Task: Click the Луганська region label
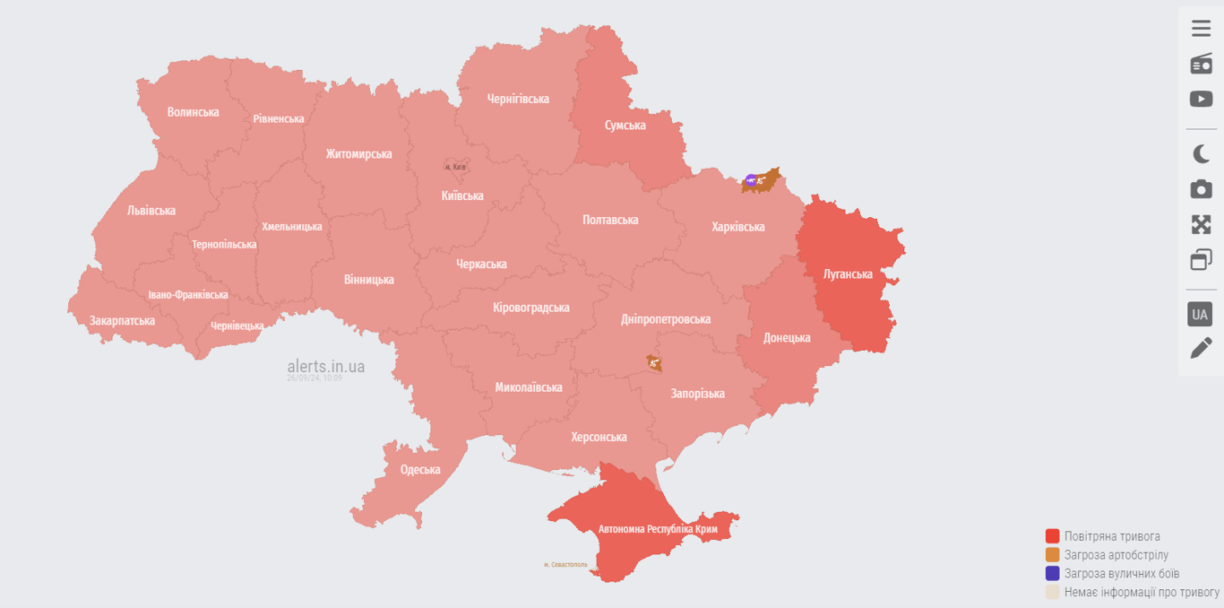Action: click(x=847, y=274)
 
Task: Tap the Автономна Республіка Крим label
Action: click(x=658, y=529)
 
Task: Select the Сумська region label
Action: click(x=625, y=126)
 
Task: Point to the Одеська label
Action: click(x=420, y=470)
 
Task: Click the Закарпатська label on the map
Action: click(x=122, y=321)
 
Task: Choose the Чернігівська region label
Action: click(x=518, y=99)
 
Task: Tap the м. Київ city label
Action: click(x=455, y=167)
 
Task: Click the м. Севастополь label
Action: click(x=565, y=565)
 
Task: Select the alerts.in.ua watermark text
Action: click(x=325, y=366)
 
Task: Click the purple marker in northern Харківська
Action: click(x=751, y=180)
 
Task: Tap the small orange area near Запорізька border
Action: click(x=654, y=363)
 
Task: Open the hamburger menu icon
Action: click(x=1201, y=29)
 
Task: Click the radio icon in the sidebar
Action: click(x=1201, y=64)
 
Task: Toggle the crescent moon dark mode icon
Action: click(x=1201, y=154)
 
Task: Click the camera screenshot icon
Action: click(x=1201, y=189)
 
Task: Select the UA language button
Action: click(x=1200, y=314)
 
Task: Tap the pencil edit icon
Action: click(x=1201, y=348)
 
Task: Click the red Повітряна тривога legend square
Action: click(x=1052, y=536)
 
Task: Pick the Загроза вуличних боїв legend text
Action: click(x=1121, y=574)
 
